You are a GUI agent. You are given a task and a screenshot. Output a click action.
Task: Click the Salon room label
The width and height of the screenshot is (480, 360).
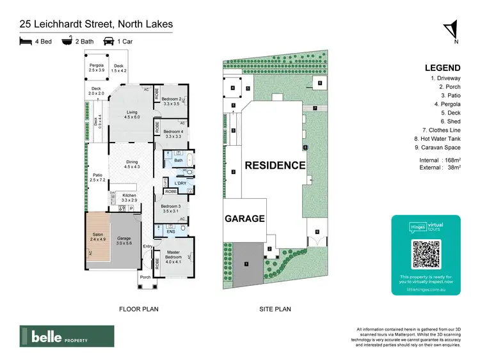click(x=97, y=237)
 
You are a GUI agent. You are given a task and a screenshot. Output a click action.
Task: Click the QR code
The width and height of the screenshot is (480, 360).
click(x=426, y=254)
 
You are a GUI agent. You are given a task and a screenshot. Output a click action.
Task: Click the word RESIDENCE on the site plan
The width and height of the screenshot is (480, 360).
click(x=275, y=165)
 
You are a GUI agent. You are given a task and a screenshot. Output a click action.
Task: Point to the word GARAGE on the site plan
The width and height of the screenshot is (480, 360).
click(x=244, y=218)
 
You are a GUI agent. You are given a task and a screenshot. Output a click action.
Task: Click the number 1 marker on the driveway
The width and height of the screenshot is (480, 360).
click(x=245, y=263)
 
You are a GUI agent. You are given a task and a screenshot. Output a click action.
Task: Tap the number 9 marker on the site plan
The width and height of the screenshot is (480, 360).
click(x=317, y=231)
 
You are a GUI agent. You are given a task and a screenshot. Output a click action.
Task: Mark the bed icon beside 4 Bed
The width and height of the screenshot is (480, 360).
click(x=25, y=42)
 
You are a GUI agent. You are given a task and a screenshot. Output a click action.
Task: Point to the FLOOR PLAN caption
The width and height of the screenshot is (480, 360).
click(x=139, y=309)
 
